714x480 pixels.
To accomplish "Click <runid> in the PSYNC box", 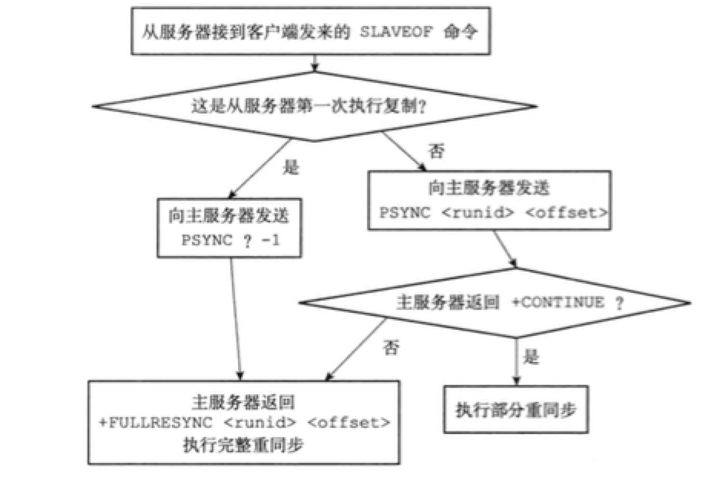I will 481,212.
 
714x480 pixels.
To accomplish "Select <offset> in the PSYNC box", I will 567,212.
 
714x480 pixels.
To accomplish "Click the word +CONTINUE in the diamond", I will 562,302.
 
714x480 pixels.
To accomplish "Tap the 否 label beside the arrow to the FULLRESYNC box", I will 389,347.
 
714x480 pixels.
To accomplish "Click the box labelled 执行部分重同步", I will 515,406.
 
